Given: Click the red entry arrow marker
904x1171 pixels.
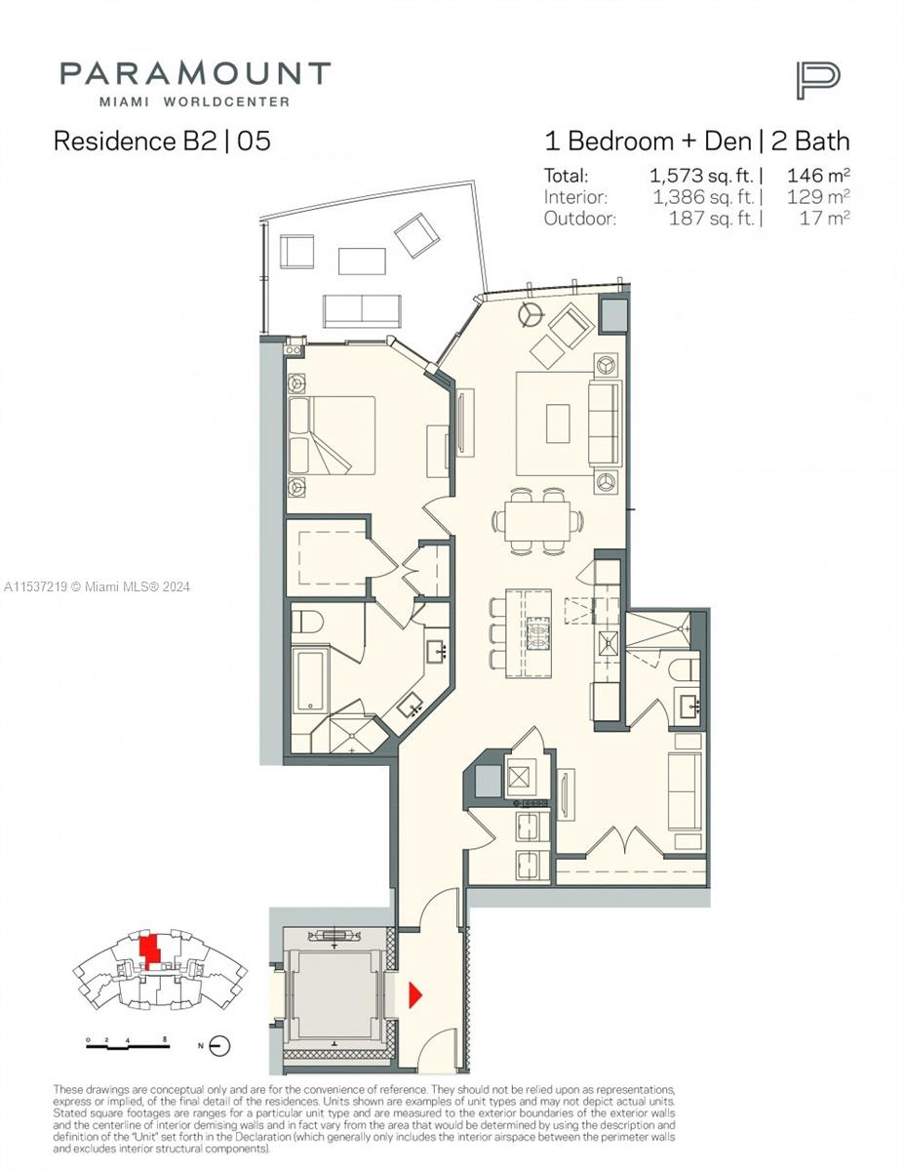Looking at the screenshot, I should (x=414, y=994).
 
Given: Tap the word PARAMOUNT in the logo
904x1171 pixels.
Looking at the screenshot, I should (x=195, y=74).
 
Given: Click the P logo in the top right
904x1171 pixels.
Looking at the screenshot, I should (x=817, y=79).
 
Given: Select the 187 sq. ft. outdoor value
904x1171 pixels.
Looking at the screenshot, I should (x=712, y=219).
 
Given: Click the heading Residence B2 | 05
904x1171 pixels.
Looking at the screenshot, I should (x=162, y=141).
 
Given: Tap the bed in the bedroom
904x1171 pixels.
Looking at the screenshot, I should (x=333, y=434).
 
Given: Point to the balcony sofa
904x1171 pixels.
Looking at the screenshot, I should (x=362, y=309).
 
